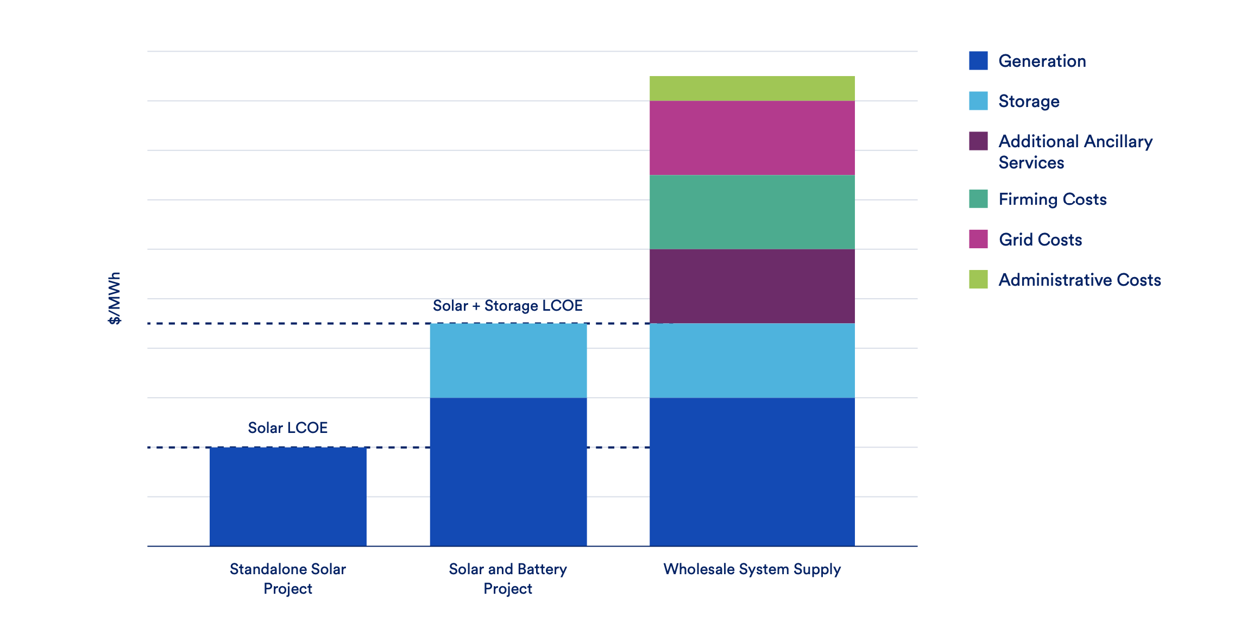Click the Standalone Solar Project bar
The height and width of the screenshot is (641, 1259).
tap(288, 497)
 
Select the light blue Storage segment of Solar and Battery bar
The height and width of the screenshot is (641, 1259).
tap(508, 360)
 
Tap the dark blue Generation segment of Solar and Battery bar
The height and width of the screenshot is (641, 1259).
tap(508, 472)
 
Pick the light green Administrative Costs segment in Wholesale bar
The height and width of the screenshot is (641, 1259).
tap(752, 88)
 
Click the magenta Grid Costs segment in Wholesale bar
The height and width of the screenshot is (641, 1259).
tap(752, 137)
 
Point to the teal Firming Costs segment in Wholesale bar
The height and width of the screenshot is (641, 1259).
tap(752, 212)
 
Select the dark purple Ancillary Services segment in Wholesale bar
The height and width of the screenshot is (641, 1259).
tap(752, 286)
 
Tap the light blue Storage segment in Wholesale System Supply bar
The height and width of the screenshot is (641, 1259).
tap(752, 360)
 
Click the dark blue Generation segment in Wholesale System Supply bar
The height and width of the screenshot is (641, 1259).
tap(752, 472)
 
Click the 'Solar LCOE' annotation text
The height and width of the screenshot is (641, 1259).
tap(288, 428)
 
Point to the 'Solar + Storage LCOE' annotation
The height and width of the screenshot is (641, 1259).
tap(507, 306)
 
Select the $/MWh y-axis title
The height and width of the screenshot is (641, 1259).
tap(115, 298)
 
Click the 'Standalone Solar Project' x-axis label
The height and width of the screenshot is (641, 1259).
tap(288, 579)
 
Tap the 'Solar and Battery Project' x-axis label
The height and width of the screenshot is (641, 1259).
tap(508, 579)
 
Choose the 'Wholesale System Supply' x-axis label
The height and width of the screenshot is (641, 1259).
tap(752, 569)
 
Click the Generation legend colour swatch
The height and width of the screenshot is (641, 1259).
tap(978, 61)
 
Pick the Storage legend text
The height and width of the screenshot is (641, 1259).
tap(1029, 101)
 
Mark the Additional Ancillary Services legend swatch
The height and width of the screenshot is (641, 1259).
tap(978, 141)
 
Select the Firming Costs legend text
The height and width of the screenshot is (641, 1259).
tap(1052, 199)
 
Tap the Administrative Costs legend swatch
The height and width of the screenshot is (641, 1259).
tap(978, 279)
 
